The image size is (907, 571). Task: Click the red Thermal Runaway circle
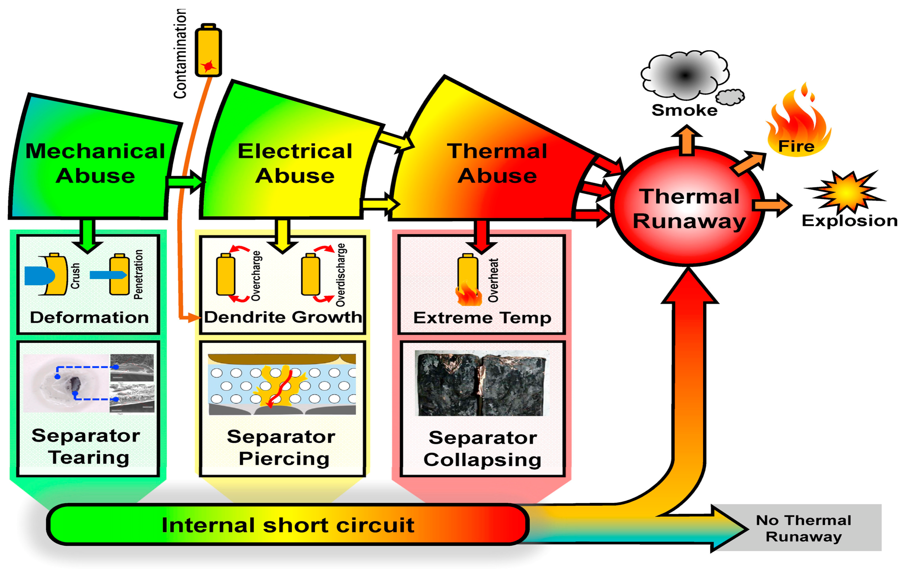(x=689, y=207)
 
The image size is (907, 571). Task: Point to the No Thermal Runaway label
(x=803, y=528)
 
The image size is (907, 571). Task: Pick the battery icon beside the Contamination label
(x=208, y=51)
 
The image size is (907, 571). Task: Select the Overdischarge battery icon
(x=310, y=274)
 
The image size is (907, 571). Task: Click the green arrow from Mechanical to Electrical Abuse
(x=185, y=182)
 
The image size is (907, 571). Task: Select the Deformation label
(x=89, y=317)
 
